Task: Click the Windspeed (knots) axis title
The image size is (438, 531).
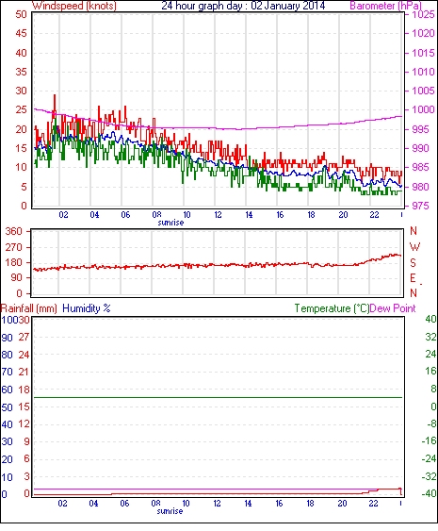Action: pyautogui.click(x=73, y=6)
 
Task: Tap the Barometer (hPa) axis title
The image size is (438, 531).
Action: pyautogui.click(x=385, y=6)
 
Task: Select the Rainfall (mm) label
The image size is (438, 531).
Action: pyautogui.click(x=29, y=308)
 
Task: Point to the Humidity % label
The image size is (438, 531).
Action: pyautogui.click(x=87, y=308)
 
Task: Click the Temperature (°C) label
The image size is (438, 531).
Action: pyautogui.click(x=332, y=308)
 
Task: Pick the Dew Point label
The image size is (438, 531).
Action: pyautogui.click(x=393, y=308)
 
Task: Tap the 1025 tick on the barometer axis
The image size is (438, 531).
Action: pyautogui.click(x=423, y=14)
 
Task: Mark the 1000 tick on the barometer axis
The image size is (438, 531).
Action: pyautogui.click(x=423, y=109)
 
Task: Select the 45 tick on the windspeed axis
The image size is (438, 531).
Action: pyautogui.click(x=21, y=33)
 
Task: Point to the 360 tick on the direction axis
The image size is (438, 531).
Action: pyautogui.click(x=13, y=232)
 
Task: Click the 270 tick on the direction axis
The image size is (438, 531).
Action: pyautogui.click(x=13, y=247)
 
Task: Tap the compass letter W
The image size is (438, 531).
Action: pyautogui.click(x=414, y=247)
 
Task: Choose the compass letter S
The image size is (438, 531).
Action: pyautogui.click(x=413, y=262)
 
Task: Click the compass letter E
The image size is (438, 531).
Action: pyautogui.click(x=413, y=278)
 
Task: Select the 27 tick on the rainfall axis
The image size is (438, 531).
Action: pyautogui.click(x=24, y=337)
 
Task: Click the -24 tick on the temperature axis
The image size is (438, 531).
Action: pyautogui.click(x=429, y=459)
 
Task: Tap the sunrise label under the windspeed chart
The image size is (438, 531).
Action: pyautogui.click(x=170, y=223)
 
